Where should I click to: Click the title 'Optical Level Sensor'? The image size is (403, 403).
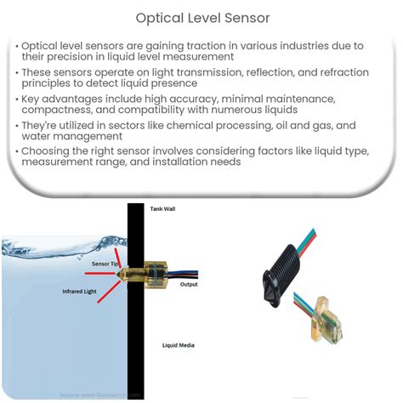201,16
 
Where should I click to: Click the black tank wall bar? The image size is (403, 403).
133,340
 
